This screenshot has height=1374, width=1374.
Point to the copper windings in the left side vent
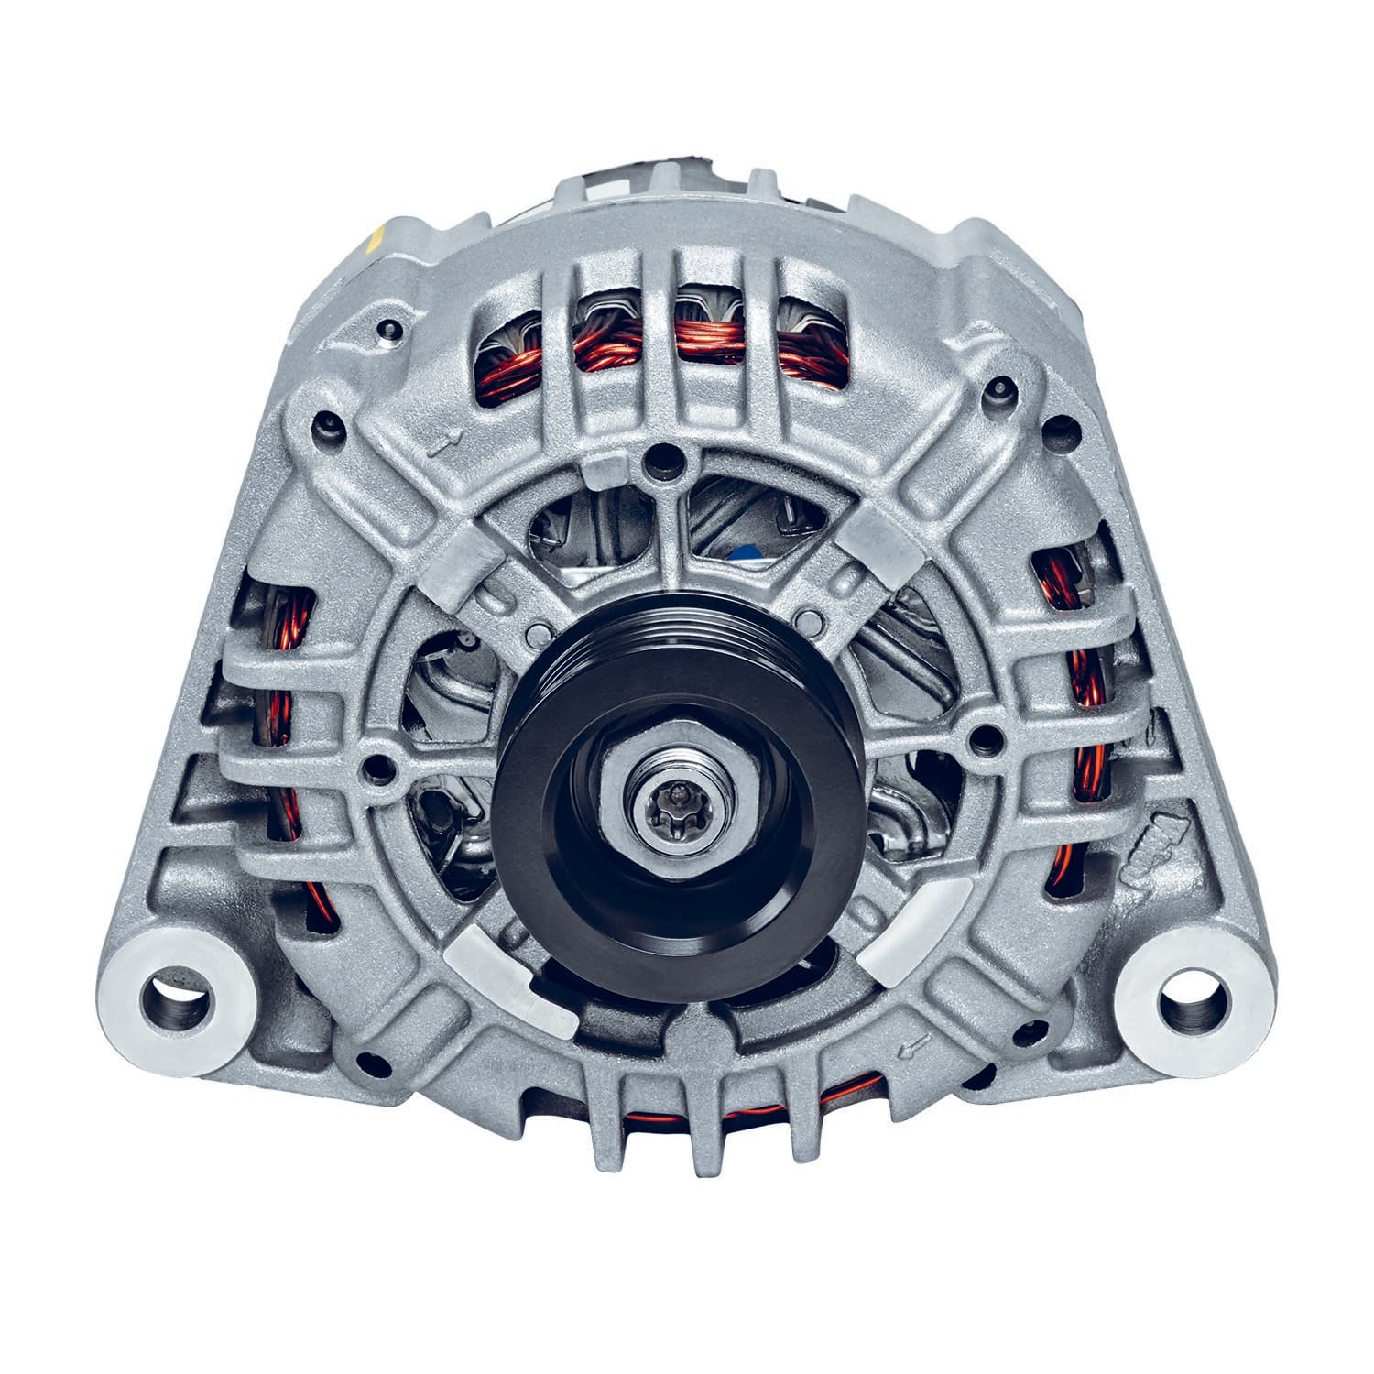coord(279,714)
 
